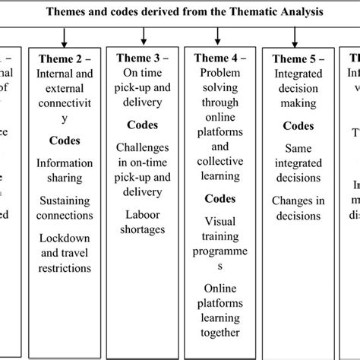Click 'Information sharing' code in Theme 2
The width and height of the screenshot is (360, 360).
(x=65, y=170)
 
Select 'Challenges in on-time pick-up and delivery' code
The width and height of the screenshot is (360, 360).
(x=143, y=160)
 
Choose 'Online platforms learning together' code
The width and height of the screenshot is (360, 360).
(x=220, y=308)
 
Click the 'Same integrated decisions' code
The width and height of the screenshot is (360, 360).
(x=298, y=164)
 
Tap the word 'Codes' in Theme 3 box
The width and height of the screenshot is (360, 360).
(x=143, y=124)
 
